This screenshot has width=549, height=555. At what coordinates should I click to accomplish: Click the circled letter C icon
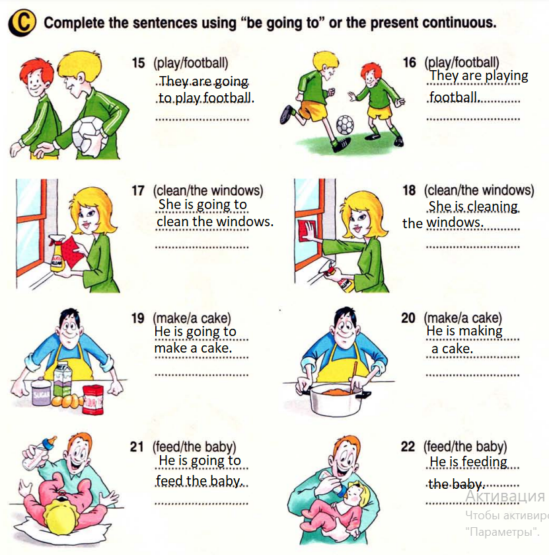coord(22,22)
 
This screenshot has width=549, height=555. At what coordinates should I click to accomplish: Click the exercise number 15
coord(138,63)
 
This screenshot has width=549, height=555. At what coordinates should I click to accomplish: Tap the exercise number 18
coord(409,191)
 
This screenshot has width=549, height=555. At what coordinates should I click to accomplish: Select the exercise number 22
coord(408,447)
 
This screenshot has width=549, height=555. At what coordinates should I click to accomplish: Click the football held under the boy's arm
coord(90,136)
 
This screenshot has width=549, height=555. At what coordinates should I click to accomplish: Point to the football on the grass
coord(344,125)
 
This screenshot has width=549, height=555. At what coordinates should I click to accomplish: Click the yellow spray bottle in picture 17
coord(57,253)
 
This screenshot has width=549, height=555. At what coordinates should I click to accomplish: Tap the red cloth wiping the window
coord(307,230)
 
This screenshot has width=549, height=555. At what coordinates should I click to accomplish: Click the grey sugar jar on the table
coord(42,392)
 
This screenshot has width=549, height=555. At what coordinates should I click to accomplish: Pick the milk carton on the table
coord(63,379)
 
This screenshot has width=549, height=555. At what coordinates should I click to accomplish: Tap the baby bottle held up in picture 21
coord(38,453)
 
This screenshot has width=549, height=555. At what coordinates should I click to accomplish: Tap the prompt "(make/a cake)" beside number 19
coord(192,318)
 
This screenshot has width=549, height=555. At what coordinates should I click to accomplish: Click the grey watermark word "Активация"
coord(505,496)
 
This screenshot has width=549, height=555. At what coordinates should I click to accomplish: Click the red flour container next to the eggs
coord(93,400)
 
